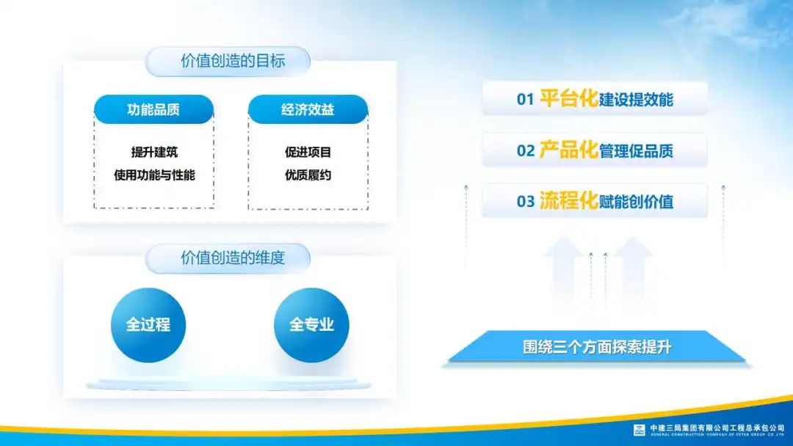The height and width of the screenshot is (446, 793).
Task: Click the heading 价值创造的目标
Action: pos(233,61)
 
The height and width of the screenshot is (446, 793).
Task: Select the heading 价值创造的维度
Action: pos(233,258)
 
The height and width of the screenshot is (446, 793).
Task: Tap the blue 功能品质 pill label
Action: pos(153,109)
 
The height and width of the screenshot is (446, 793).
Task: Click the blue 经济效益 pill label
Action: pos(308,109)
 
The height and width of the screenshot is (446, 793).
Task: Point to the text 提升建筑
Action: pos(154,152)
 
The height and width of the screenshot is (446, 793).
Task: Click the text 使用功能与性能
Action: pos(154,175)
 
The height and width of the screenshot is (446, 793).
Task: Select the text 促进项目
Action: pos(308,152)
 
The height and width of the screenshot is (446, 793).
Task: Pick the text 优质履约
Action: pos(308,175)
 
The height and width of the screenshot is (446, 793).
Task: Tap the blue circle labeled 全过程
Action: pos(148,325)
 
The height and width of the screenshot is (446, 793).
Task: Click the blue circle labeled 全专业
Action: pos(311,325)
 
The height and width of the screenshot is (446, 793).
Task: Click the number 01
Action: pos(526,99)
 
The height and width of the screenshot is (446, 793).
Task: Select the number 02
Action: pos(526,150)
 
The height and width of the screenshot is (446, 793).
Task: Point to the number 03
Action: pos(526,202)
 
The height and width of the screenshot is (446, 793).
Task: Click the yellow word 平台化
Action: pos(569,98)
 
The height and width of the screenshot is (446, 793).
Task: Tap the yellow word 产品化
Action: pos(569,150)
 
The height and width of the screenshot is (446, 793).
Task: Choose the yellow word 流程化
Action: pos(569,200)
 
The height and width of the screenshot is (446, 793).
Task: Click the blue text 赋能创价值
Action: pos(636,202)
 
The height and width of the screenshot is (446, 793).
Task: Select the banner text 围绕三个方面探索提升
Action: pos(597,347)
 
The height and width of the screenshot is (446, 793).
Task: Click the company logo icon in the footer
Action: pos(640,430)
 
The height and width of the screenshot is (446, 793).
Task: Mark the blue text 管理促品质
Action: pos(636,150)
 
